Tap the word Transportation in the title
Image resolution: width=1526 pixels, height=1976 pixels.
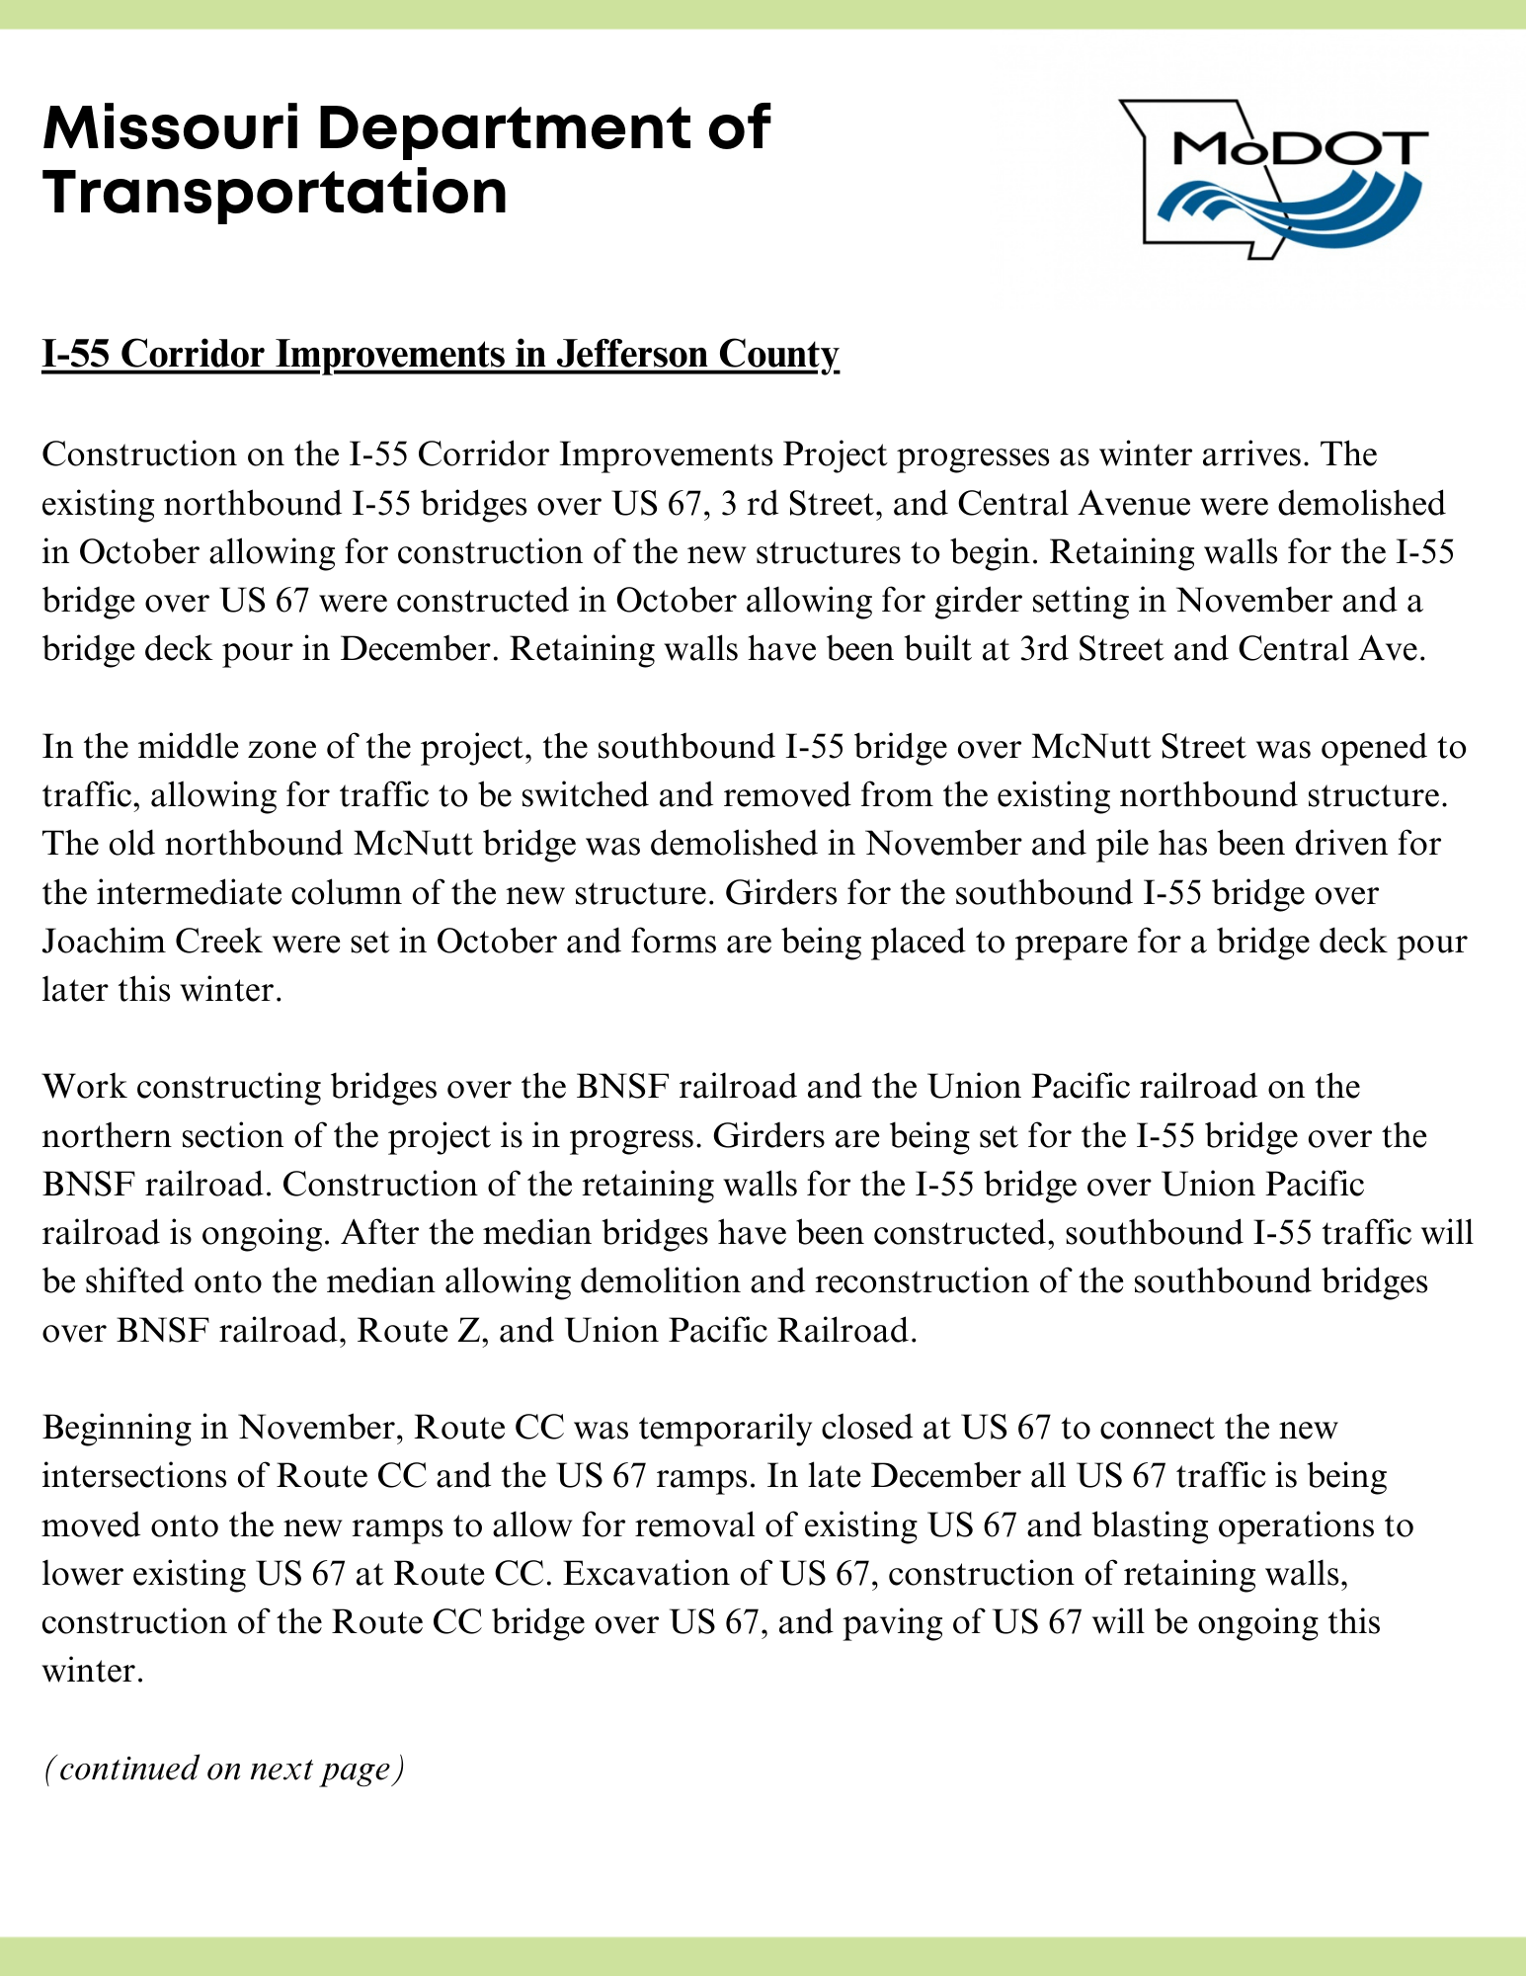(275, 193)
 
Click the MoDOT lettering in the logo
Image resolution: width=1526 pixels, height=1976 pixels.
(1298, 150)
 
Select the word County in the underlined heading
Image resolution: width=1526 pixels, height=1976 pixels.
(782, 354)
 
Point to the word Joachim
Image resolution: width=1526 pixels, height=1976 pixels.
(105, 941)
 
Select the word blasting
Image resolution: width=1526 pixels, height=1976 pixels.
(1141, 1525)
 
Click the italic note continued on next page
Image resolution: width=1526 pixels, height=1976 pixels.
(224, 1769)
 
